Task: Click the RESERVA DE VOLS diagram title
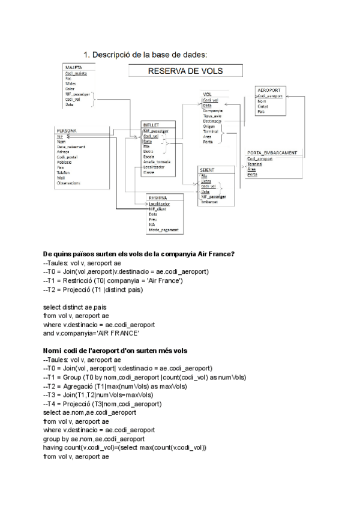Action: (x=185, y=71)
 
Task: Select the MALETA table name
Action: (x=74, y=68)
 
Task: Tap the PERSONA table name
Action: (x=66, y=130)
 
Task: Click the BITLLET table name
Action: (x=151, y=124)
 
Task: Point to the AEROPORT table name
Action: (x=268, y=90)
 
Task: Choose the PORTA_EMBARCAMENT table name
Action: (x=272, y=153)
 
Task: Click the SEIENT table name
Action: (x=207, y=170)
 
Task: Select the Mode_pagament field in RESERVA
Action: (x=163, y=230)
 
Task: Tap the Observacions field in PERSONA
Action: (x=69, y=183)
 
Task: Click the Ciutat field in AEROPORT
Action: (x=262, y=106)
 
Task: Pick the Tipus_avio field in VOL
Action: (x=212, y=116)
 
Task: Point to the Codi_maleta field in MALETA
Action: (x=76, y=73)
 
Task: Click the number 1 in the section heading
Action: (x=86, y=55)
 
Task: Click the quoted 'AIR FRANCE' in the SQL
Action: (x=119, y=333)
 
